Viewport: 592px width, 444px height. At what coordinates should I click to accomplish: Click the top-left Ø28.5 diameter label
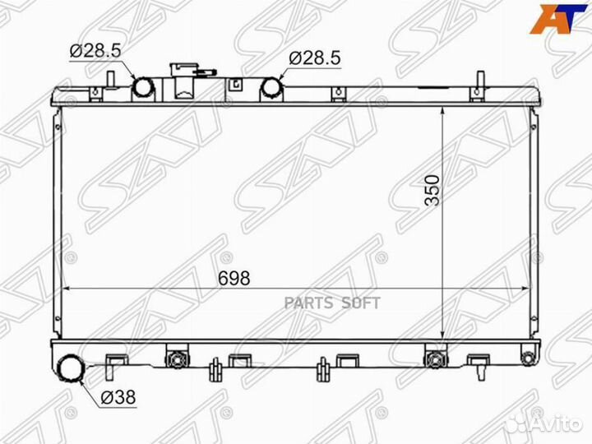point(95,50)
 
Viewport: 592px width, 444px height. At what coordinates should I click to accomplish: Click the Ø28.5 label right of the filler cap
point(314,58)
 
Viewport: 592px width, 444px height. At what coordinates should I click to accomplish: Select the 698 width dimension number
point(234,278)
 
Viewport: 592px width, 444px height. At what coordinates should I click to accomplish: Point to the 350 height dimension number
point(433,190)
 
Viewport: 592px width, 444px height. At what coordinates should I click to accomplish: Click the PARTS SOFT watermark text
point(332,303)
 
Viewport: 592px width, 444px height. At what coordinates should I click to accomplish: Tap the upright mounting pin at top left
point(109,79)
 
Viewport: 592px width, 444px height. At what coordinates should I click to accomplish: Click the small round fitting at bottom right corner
point(527,356)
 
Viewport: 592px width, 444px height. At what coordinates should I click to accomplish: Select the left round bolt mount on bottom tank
point(173,358)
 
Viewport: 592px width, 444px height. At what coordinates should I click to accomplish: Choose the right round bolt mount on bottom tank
point(432,358)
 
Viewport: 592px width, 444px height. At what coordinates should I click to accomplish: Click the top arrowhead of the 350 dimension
point(443,110)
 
